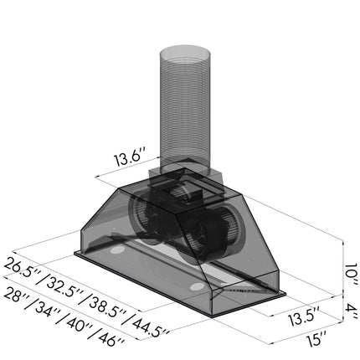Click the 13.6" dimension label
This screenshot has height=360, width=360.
click(130, 158)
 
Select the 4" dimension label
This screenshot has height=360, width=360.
click(350, 311)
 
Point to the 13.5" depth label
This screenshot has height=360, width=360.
click(304, 317)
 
